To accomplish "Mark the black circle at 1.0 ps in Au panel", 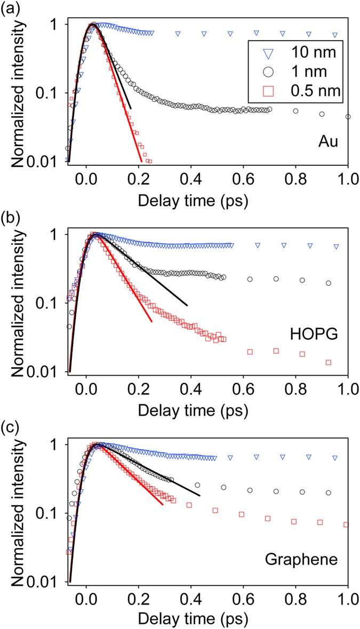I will (x=348, y=116).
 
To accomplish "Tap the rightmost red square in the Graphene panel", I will (x=346, y=525).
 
